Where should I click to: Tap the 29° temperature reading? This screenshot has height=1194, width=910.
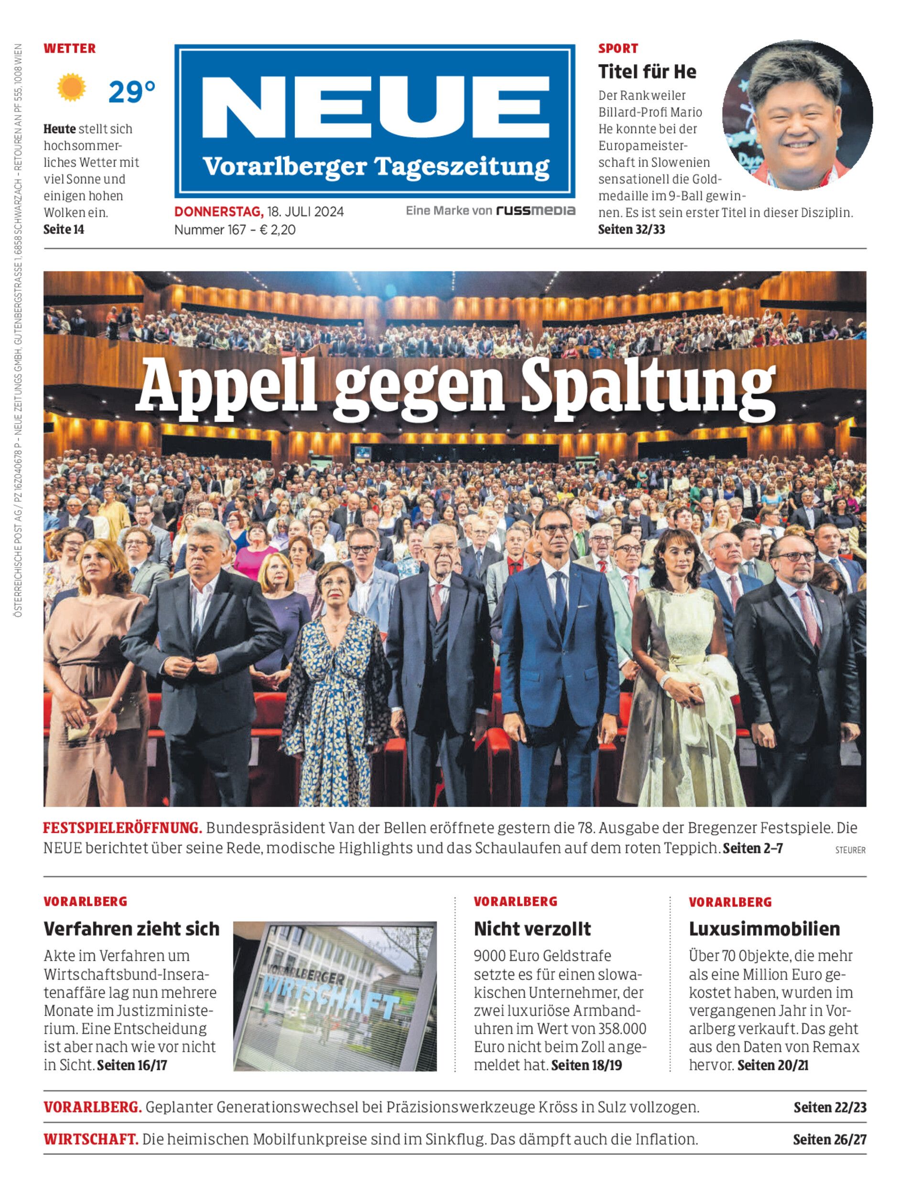(131, 92)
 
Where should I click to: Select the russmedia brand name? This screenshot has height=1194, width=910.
(535, 211)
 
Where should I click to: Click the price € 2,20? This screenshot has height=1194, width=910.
(278, 230)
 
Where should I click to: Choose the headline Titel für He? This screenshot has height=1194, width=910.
(647, 72)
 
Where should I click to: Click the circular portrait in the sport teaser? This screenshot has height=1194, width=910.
(797, 115)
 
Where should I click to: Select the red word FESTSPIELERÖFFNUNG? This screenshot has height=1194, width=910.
(122, 828)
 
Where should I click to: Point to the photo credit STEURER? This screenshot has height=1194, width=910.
(850, 850)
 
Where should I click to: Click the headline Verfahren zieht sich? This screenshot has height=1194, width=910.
(131, 929)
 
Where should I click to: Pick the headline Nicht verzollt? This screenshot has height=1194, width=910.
(532, 929)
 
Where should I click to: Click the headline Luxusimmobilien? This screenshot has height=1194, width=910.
(764, 929)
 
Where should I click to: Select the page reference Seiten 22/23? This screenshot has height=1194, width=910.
(830, 1108)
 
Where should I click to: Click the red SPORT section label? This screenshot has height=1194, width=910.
(618, 48)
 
